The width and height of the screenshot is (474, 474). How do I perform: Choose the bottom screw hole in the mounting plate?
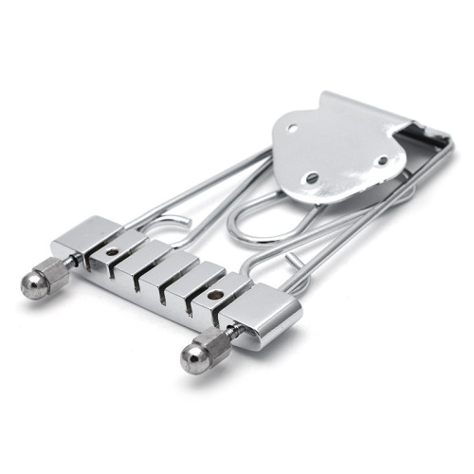313,177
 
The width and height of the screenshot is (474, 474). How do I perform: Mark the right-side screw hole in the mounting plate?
381,161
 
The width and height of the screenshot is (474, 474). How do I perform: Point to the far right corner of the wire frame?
447,142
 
